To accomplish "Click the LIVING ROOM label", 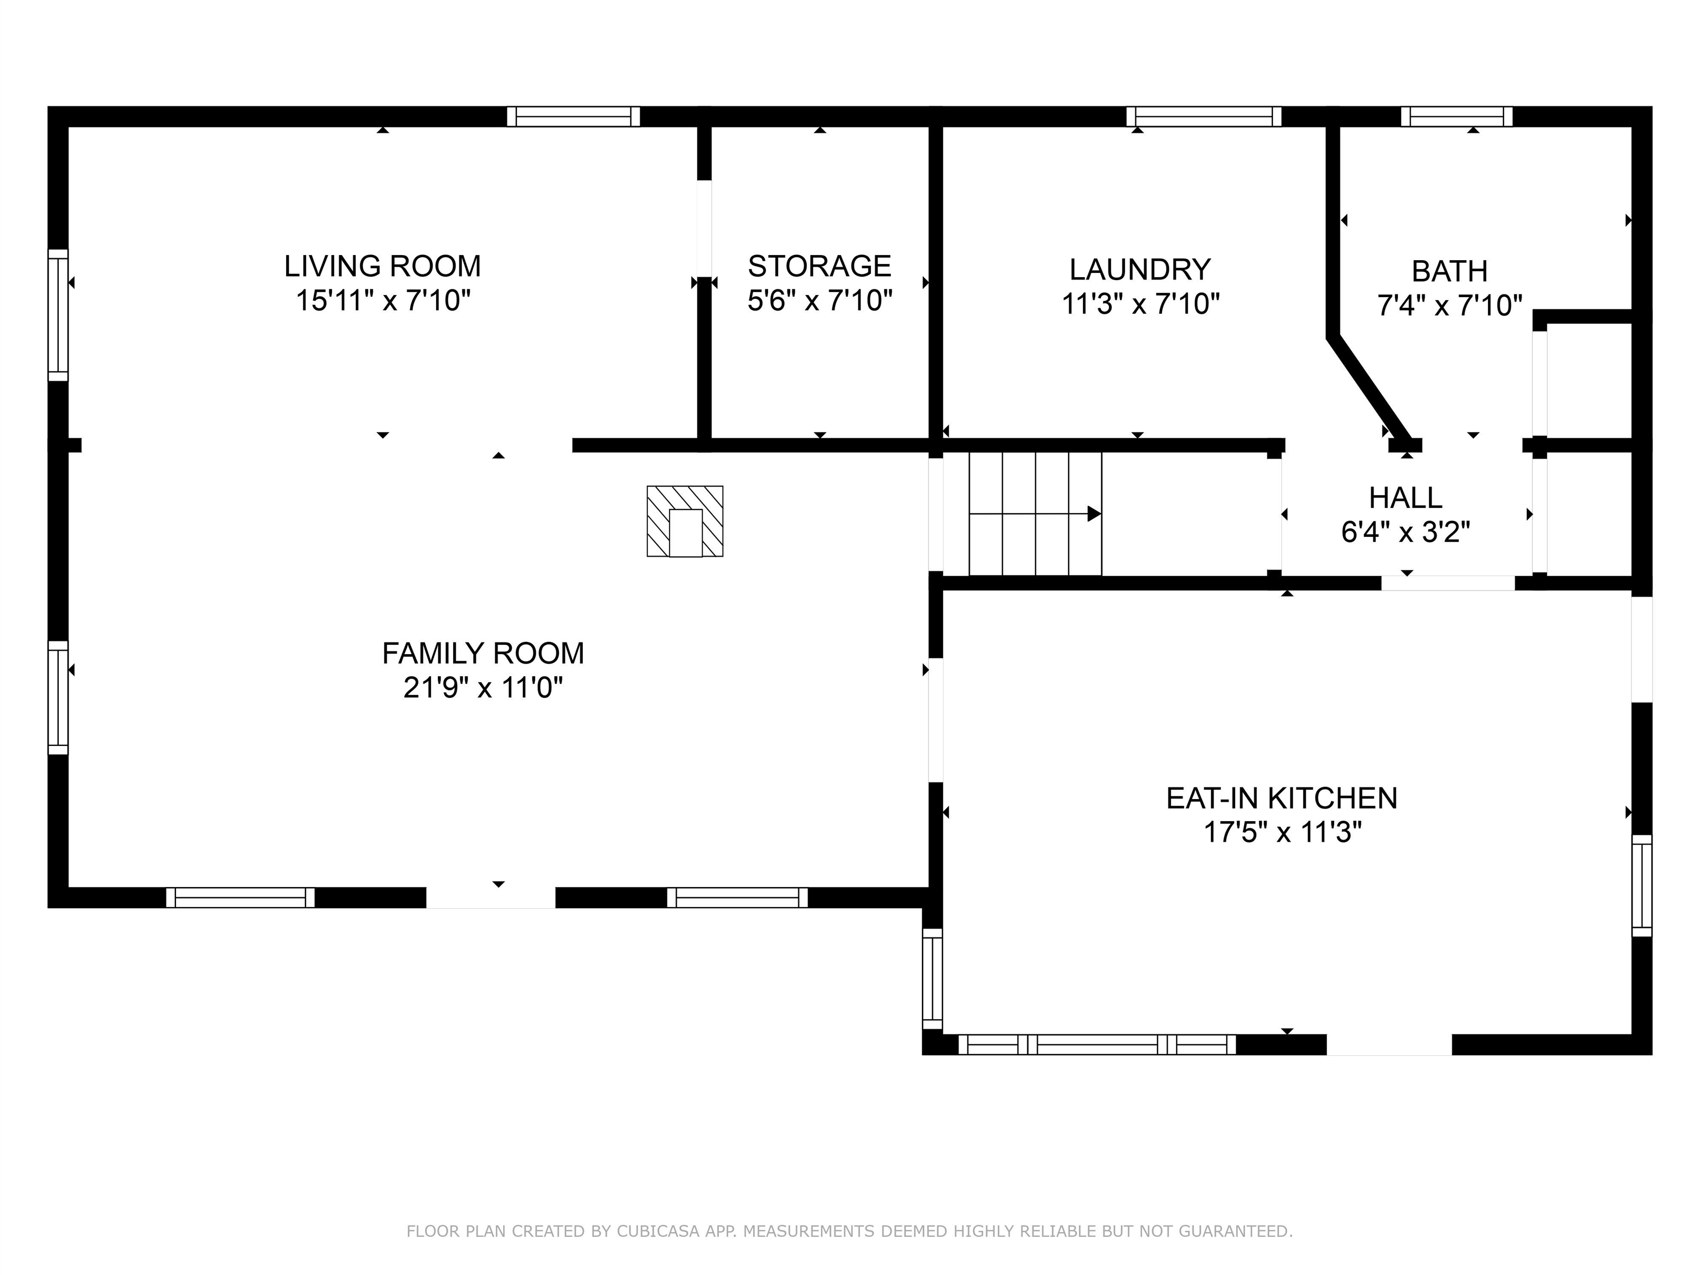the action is [383, 266].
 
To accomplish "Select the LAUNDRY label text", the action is [1140, 269].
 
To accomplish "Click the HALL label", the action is [1406, 497].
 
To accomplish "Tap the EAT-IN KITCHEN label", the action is [1281, 799].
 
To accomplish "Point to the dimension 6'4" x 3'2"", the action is [1406, 531].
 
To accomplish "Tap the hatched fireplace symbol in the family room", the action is [685, 521].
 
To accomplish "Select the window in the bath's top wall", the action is [1457, 117].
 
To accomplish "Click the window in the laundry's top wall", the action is [1204, 117].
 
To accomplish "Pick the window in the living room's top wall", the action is [573, 117].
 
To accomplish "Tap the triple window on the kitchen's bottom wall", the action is [1097, 1044].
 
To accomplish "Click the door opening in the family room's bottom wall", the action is [491, 898].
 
